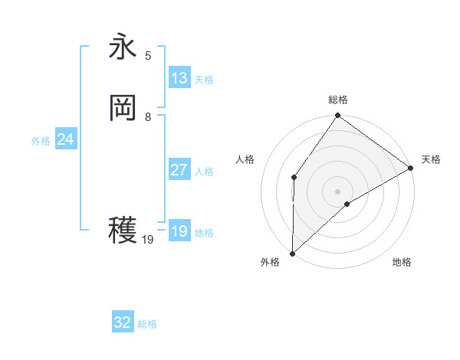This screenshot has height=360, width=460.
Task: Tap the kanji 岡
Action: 123,108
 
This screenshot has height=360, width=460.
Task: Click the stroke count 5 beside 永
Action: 148,56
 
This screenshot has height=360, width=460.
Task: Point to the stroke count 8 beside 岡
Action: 148,117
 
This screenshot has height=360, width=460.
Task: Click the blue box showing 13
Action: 179,78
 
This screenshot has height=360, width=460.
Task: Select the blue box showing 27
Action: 179,170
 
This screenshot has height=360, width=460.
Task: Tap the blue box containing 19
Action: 179,231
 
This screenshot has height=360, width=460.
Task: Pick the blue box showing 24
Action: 66,139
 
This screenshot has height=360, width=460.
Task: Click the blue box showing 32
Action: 123,322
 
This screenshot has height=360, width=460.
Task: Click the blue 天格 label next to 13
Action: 204,80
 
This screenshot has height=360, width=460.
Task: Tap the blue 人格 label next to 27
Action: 204,172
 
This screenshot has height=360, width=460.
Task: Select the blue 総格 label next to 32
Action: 147,324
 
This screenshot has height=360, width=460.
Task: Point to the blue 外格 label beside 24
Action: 41,141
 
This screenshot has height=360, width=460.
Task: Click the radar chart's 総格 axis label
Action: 338,100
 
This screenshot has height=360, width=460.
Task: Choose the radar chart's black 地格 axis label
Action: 402,263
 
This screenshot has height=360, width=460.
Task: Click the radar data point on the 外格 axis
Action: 292,253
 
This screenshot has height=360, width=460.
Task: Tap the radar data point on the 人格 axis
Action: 294,178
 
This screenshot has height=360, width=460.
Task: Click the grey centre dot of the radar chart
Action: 337,191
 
